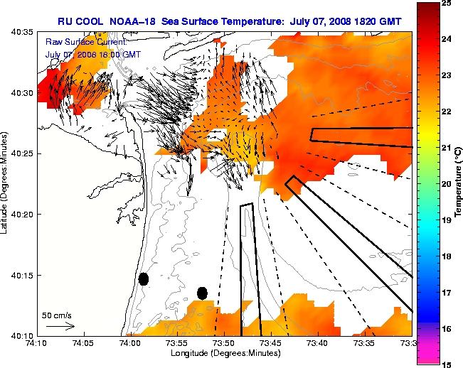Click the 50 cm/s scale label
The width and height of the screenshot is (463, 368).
[58, 314]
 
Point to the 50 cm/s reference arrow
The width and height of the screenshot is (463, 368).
[60, 327]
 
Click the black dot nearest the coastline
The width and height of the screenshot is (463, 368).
[143, 279]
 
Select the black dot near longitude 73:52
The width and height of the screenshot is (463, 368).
[202, 293]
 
